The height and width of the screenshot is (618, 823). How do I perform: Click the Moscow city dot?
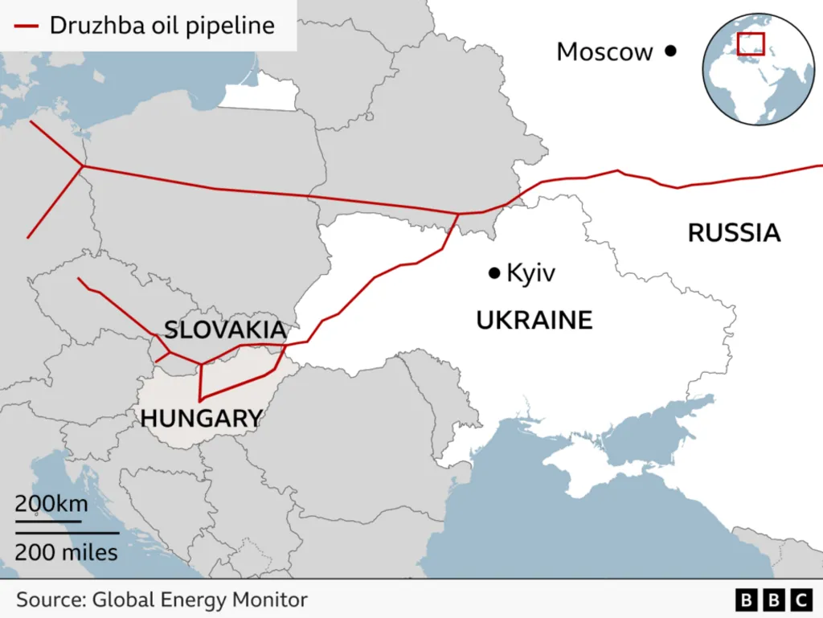pyautogui.click(x=670, y=51)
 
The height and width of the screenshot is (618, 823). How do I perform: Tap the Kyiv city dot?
pyautogui.click(x=494, y=274)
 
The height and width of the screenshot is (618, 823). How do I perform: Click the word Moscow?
pyautogui.click(x=604, y=52)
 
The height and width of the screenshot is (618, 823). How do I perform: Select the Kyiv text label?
pyautogui.click(x=530, y=274)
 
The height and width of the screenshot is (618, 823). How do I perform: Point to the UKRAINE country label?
pyautogui.click(x=534, y=321)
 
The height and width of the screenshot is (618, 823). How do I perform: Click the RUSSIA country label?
pyautogui.click(x=734, y=233)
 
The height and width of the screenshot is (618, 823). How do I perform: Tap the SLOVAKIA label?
pyautogui.click(x=224, y=329)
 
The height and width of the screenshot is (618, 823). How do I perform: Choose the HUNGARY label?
pyautogui.click(x=201, y=418)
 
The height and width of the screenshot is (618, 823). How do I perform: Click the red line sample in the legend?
pyautogui.click(x=25, y=26)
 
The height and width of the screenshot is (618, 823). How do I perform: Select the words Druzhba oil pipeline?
pyautogui.click(x=162, y=26)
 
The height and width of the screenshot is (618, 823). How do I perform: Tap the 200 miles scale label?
pyautogui.click(x=66, y=552)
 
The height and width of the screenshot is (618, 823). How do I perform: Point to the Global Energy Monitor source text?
pyautogui.click(x=162, y=600)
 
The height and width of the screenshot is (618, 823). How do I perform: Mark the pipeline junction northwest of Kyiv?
pyautogui.click(x=457, y=215)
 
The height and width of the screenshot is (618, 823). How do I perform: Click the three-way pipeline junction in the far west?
pyautogui.click(x=84, y=166)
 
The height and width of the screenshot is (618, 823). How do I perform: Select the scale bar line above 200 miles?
pyautogui.click(x=67, y=532)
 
